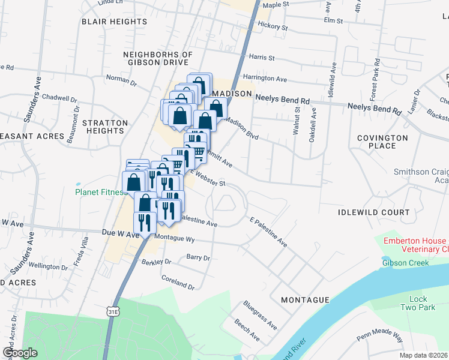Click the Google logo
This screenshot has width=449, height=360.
tap(20, 353)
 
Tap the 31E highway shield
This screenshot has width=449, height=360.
tap(113, 311)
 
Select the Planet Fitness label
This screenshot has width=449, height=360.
tap(100, 193)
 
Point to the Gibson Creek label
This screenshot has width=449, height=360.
tap(403, 262)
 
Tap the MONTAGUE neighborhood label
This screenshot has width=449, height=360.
tap(304, 299)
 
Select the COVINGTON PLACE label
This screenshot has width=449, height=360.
tap(382, 142)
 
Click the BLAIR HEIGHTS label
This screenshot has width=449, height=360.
tap(114, 21)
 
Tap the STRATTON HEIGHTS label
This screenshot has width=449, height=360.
tap(105, 127)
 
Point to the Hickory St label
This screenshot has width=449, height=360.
tap(273, 26)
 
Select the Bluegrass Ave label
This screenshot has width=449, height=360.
tap(260, 315)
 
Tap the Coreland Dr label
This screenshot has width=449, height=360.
tap(178, 282)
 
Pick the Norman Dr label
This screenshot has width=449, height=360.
tap(121, 78)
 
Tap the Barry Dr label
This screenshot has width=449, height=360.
tap(198, 257)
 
